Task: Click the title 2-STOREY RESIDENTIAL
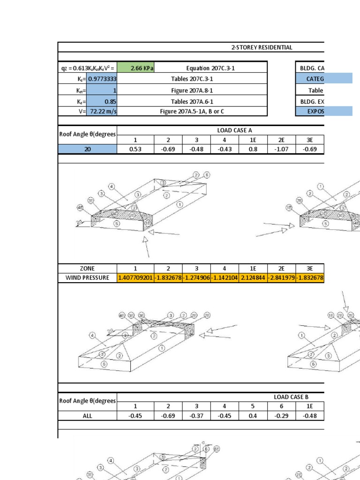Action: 262,47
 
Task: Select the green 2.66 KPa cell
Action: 135,68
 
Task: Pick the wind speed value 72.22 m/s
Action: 102,111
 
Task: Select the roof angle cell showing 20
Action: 88,149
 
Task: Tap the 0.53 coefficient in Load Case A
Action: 135,149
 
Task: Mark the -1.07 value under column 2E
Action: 281,149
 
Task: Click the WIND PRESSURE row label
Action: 88,277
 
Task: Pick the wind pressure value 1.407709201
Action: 135,277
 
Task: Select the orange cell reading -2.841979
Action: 281,277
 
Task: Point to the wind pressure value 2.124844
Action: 253,277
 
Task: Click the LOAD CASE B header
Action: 291,397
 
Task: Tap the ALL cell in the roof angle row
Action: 88,415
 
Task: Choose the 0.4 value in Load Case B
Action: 253,415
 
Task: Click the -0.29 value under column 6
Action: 281,415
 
